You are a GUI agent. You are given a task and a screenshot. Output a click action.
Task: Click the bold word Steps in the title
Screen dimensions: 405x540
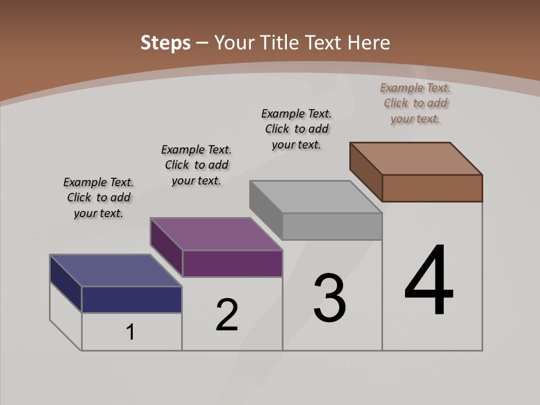[x=165, y=43]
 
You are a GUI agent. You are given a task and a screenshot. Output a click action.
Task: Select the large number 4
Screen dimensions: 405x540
[x=429, y=281]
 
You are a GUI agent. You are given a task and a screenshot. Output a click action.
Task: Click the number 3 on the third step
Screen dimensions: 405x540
[x=330, y=298]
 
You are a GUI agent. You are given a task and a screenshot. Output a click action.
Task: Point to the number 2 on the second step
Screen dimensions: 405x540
[x=227, y=316]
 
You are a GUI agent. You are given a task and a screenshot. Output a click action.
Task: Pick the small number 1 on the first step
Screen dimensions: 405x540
[x=130, y=332]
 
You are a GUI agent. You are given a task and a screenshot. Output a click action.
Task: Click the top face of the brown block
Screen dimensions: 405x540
[x=416, y=158]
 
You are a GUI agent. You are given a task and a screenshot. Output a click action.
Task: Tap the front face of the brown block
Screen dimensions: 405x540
[x=432, y=188]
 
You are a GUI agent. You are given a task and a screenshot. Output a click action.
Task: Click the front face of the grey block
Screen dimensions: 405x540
[x=332, y=226]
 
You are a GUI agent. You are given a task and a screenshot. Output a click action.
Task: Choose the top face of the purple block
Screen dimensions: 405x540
[x=217, y=233]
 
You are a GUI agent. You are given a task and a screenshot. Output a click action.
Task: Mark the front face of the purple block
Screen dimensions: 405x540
[x=232, y=263]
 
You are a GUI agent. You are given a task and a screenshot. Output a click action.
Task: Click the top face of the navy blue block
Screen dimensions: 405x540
[x=116, y=271]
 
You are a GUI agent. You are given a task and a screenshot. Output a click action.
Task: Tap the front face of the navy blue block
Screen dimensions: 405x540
[x=132, y=299]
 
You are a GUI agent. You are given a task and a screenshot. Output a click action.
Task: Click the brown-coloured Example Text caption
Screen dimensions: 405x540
[x=415, y=103]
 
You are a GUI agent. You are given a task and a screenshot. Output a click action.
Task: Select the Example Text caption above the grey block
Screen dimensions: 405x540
[x=296, y=129]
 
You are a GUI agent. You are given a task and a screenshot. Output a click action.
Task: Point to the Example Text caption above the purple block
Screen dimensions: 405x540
[x=196, y=165]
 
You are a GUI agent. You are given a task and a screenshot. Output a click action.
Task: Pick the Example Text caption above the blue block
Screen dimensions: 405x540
[x=98, y=197]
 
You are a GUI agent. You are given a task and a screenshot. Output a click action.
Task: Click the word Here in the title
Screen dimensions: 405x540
[x=370, y=43]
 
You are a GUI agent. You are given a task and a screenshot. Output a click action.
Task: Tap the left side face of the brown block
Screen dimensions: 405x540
[x=366, y=172]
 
